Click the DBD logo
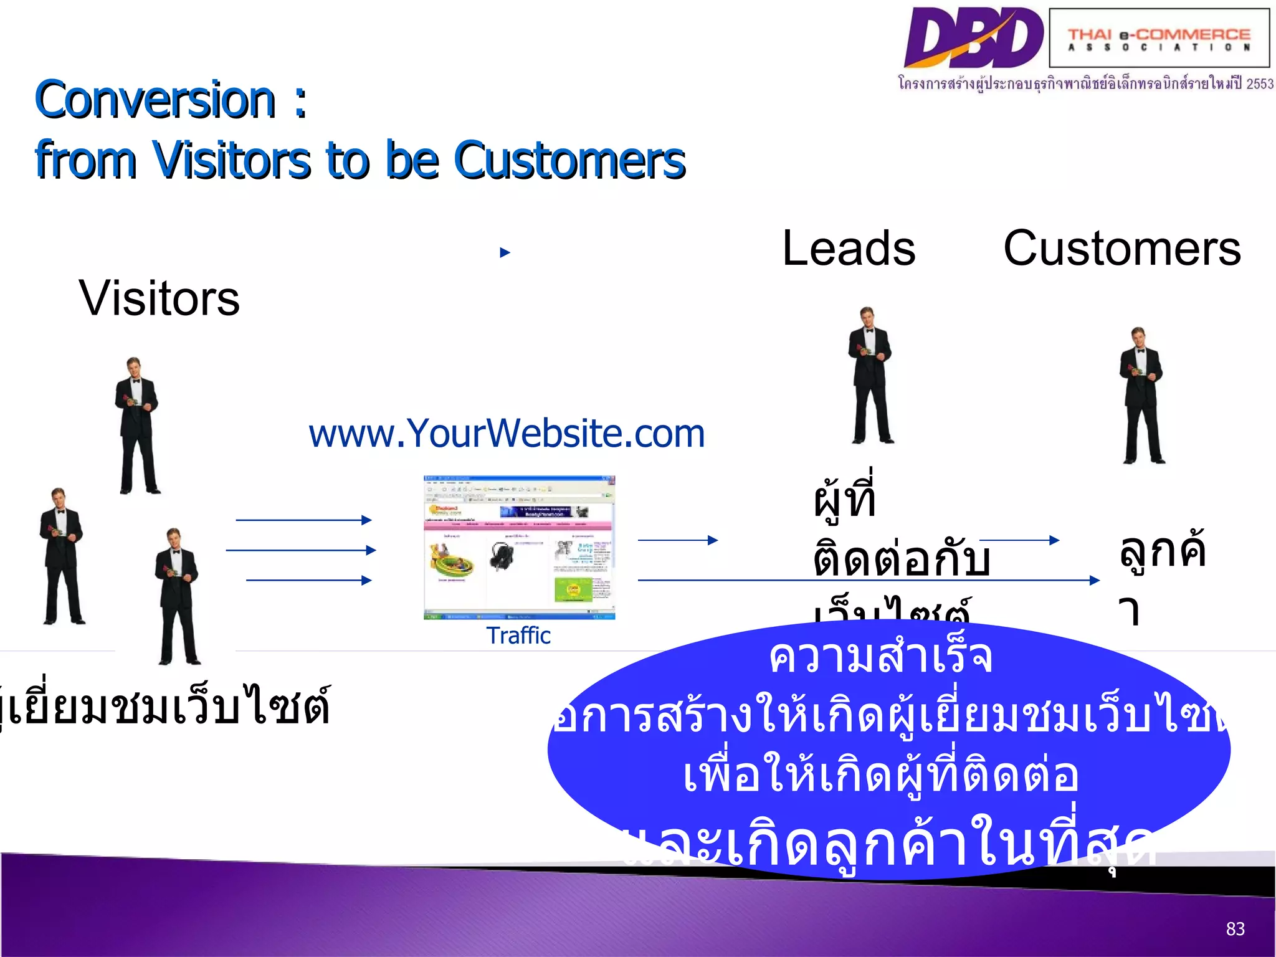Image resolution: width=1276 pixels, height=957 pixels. tap(973, 37)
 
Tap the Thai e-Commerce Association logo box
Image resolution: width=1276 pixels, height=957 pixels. tap(1159, 38)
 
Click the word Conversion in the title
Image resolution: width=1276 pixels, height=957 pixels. tap(155, 100)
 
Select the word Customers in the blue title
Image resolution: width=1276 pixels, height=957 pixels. tap(569, 160)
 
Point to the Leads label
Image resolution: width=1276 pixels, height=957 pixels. tap(849, 248)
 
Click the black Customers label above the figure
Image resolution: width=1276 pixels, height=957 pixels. tap(1121, 248)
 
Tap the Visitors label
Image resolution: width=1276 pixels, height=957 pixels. tap(159, 298)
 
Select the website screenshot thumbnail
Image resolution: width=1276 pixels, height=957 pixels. tap(519, 548)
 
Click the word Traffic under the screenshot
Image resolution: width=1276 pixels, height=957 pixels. tap(518, 636)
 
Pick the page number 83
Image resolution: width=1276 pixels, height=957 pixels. tap(1235, 929)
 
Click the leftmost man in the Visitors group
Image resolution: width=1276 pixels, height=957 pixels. tap(61, 556)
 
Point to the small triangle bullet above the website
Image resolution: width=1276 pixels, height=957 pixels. tap(505, 252)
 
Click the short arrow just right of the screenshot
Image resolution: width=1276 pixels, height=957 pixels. tap(678, 540)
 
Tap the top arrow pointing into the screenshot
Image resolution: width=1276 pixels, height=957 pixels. tap(303, 520)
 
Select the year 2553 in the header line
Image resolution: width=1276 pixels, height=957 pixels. tap(1260, 83)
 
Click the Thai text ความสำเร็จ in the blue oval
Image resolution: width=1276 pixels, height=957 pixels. tap(880, 657)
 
